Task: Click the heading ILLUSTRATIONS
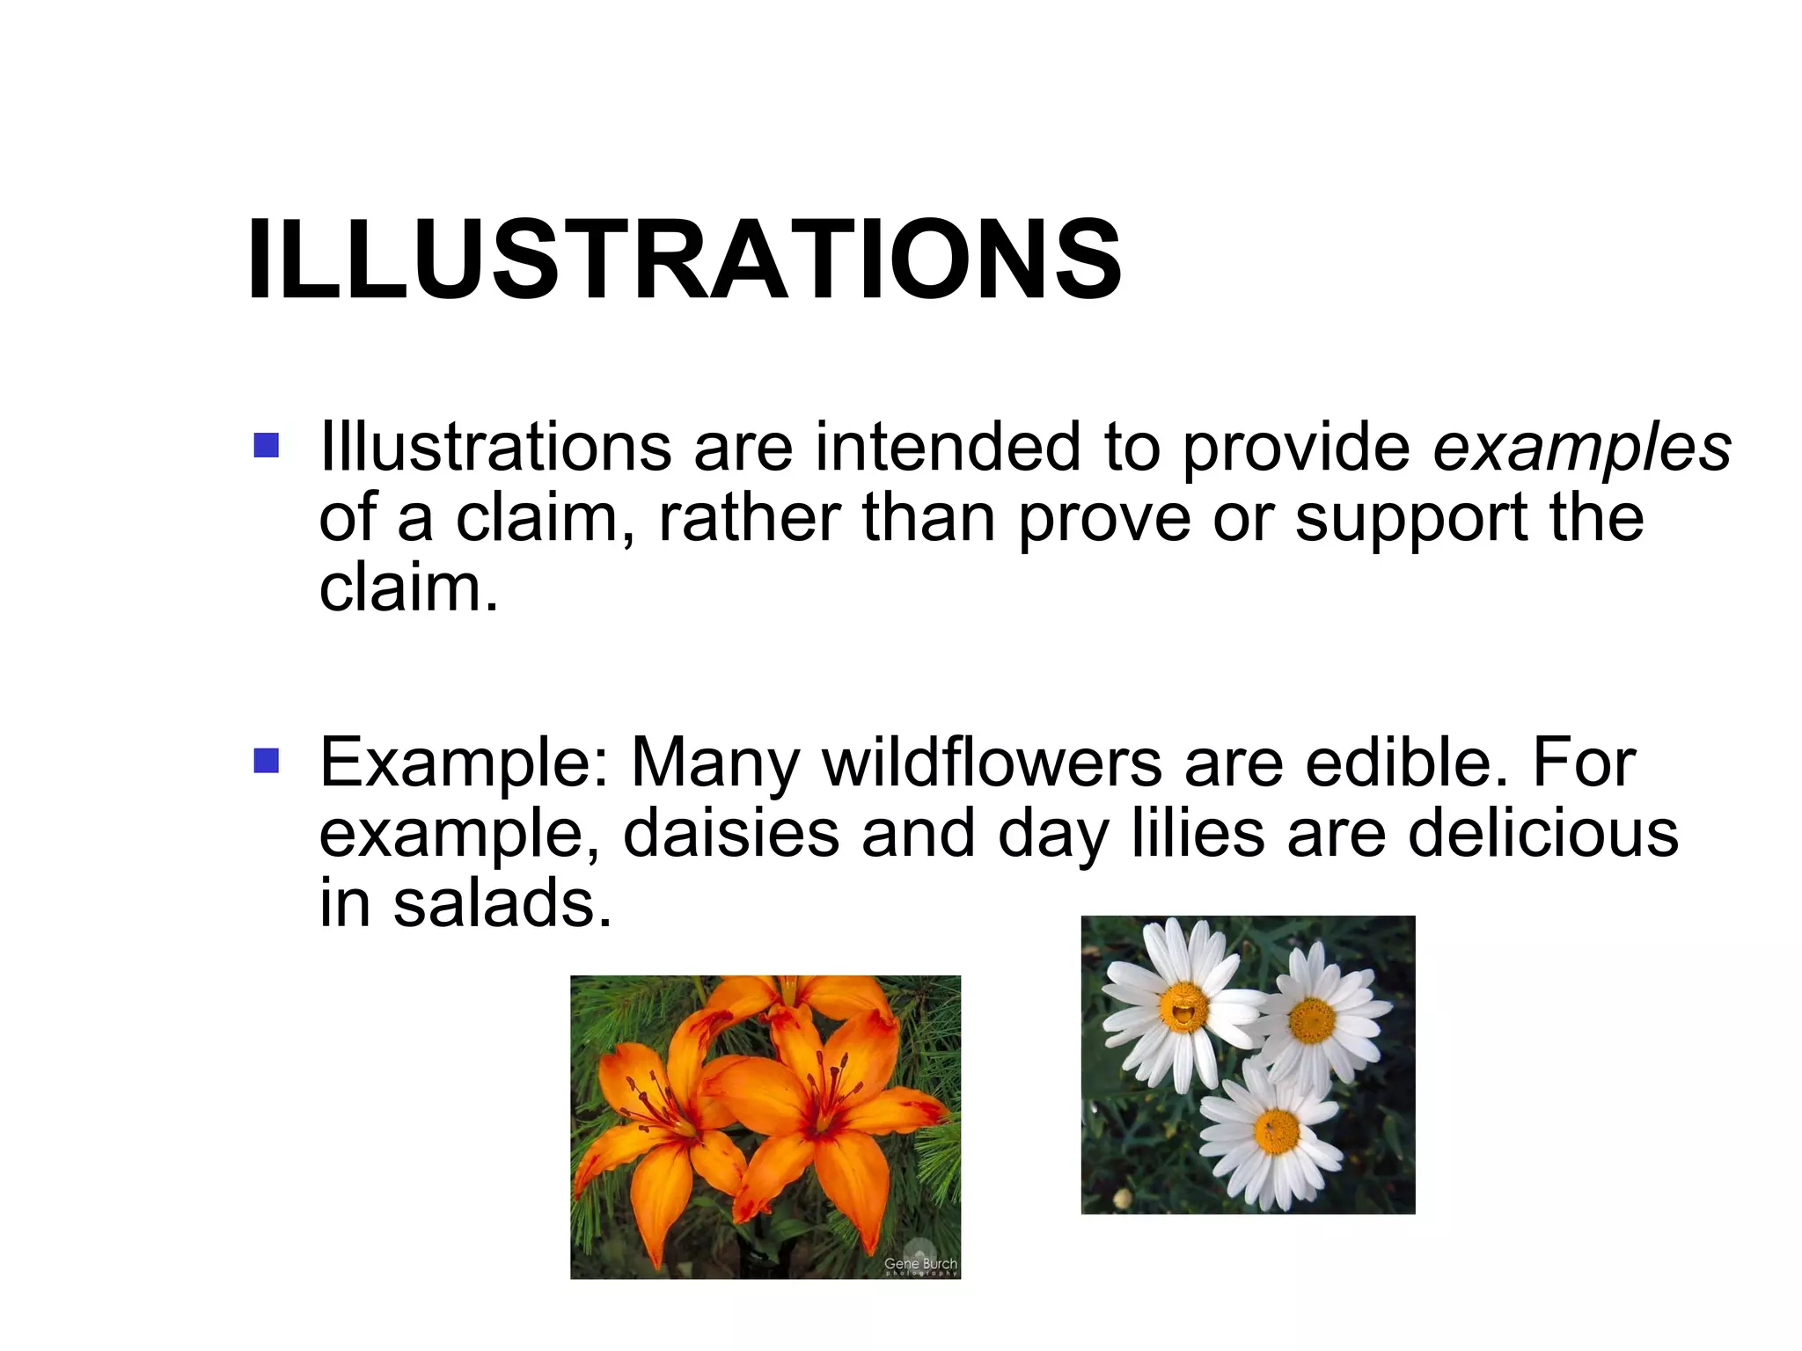coord(684,260)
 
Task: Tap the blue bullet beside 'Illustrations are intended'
coord(266,445)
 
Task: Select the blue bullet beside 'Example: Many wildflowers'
coord(266,761)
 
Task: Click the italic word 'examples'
coord(1581,447)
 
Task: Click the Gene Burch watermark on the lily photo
coord(919,1266)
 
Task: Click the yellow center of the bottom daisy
coord(1276,1130)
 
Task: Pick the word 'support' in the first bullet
coord(1410,519)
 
